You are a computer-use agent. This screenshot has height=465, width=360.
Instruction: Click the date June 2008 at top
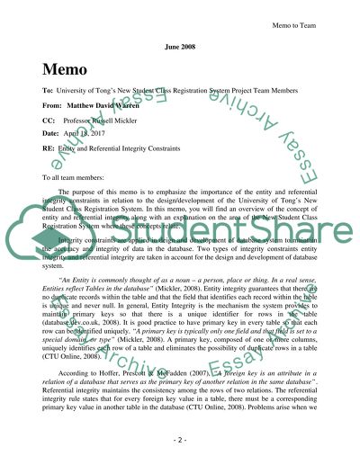click(180, 44)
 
